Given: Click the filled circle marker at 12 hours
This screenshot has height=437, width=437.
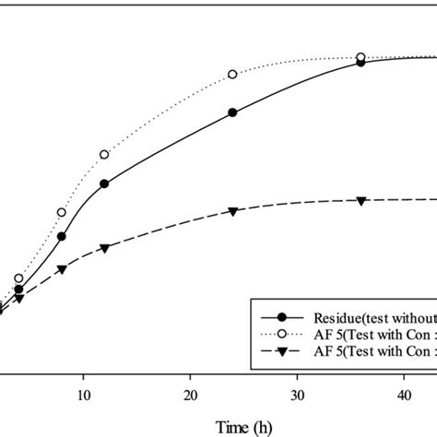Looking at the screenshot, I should point(104,183).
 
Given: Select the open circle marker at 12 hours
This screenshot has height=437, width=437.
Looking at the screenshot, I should point(104,154).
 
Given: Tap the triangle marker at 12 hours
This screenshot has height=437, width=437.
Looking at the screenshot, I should point(104,248).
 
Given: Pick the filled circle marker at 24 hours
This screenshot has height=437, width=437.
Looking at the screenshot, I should point(232,112).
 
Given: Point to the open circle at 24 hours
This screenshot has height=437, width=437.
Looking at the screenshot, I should point(232,74).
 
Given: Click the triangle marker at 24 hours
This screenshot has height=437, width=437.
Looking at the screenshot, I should point(232,212).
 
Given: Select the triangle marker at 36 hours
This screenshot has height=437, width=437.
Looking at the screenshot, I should point(360,201).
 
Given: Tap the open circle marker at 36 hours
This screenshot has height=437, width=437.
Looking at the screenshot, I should point(360,57).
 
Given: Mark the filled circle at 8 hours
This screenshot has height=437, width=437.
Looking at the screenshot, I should point(62,236).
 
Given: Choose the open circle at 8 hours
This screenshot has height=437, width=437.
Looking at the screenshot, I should point(62,212).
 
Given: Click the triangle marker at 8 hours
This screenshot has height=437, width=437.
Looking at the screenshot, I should point(62,269).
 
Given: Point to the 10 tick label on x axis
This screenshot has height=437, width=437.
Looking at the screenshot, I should point(83,392).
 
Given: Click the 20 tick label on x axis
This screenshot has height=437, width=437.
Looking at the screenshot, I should point(190,392).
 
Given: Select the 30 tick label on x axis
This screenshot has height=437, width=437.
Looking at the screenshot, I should point(297,392).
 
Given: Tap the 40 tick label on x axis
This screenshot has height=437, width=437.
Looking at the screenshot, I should point(404,392).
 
